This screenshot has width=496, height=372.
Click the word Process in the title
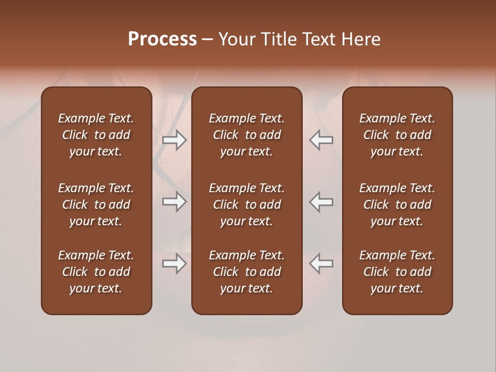162,39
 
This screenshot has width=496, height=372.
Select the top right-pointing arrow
175,140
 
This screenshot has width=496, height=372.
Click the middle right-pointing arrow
175,202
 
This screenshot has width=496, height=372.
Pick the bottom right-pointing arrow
175,263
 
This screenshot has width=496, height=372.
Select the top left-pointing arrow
321,140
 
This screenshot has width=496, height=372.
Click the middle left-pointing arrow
321,202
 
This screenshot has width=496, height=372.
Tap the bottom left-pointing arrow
321,263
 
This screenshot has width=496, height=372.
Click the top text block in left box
96,135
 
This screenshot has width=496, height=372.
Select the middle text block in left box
96,205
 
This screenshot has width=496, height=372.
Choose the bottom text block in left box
96,272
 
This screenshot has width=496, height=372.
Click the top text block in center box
246,135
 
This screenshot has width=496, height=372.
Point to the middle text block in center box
246,205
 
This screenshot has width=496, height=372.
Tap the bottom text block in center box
246,272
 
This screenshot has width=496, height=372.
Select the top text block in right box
397,135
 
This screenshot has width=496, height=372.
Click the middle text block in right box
397,205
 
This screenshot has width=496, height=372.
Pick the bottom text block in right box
397,272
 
